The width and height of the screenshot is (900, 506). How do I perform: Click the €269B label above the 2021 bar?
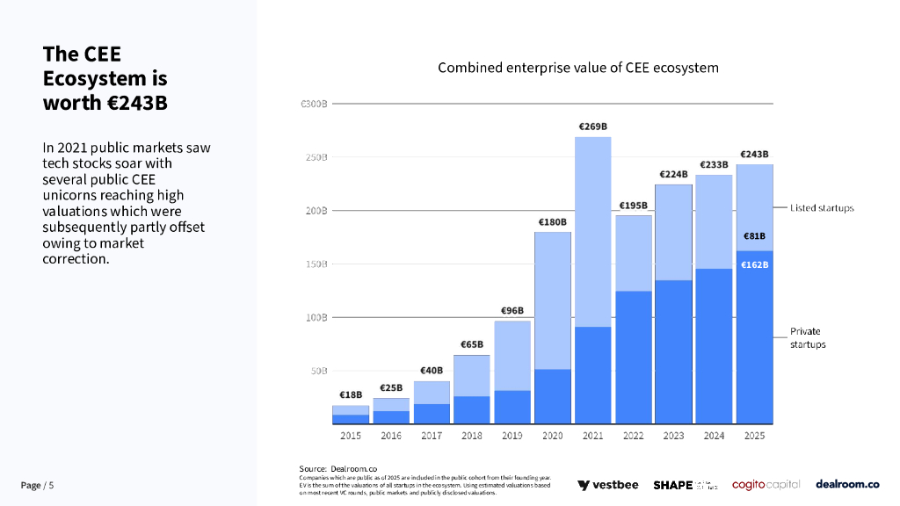click(593, 126)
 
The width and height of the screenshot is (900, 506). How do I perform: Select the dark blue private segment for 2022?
click(634, 357)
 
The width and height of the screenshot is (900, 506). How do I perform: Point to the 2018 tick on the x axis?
click(472, 435)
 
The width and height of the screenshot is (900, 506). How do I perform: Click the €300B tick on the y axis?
click(314, 105)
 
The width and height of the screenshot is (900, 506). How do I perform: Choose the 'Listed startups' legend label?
click(821, 208)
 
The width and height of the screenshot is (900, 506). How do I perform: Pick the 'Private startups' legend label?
click(808, 338)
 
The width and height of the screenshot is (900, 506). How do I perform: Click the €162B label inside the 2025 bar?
click(754, 264)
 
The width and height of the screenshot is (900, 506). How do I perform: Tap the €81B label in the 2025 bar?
click(754, 236)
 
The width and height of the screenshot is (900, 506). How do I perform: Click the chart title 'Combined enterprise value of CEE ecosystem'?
click(578, 68)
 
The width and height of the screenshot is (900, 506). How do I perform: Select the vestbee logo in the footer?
click(608, 485)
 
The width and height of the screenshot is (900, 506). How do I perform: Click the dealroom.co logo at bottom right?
click(847, 484)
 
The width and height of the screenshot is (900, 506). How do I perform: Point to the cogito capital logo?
click(766, 485)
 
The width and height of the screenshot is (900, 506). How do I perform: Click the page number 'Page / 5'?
click(38, 486)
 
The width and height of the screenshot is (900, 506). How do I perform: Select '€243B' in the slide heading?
click(137, 103)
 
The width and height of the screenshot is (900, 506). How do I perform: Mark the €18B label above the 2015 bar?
click(351, 395)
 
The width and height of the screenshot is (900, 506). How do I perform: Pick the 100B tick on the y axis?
click(314, 317)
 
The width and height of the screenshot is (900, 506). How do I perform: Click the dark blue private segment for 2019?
click(512, 407)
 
